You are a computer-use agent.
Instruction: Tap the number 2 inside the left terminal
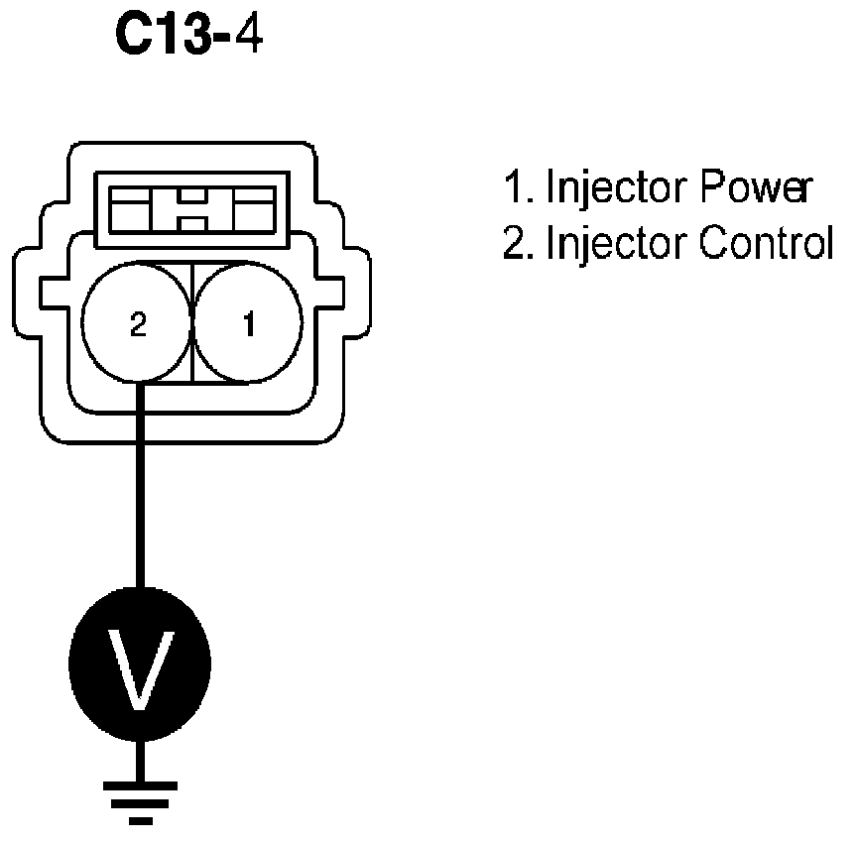138,322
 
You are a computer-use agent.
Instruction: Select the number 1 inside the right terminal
247,322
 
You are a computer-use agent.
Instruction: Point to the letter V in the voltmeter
139,661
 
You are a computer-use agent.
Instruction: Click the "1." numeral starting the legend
518,186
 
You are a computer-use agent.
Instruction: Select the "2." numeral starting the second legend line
518,242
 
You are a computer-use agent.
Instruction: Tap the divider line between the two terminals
192,322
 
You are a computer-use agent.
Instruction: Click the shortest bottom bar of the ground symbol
140,821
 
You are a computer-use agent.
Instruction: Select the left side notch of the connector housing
50,294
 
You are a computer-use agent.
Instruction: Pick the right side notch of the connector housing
336,294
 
